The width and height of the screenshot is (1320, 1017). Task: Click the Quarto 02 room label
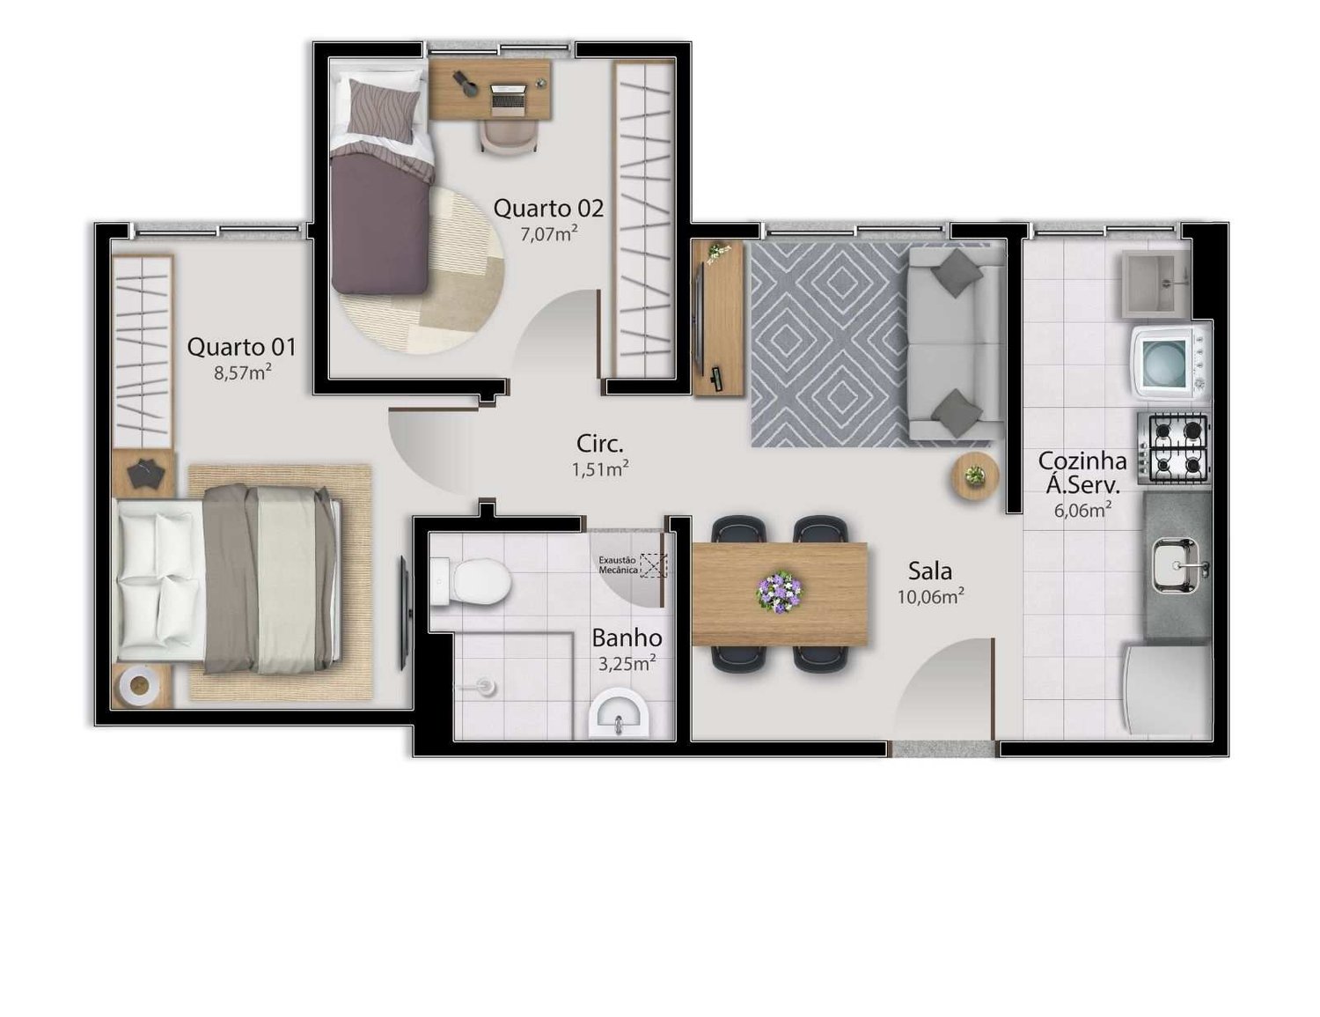coord(548,209)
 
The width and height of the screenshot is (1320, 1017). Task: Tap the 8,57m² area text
coord(242,372)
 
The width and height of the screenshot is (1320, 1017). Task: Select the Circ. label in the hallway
coord(599,444)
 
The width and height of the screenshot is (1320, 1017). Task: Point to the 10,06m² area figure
coord(931,596)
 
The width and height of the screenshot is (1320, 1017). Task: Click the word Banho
coord(627,637)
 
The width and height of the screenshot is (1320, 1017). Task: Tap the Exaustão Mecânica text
coord(618,565)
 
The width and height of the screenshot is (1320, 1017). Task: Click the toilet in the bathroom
coord(471,581)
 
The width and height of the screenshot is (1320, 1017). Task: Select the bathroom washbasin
coord(619,713)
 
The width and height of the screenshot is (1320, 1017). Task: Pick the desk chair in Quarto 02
coord(509,136)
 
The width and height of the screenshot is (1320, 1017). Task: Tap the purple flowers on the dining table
coord(780,591)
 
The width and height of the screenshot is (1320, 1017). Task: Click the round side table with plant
coord(974,476)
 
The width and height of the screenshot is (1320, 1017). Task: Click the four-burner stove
coord(1174,448)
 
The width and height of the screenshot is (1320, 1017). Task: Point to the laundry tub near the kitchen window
coord(1155,284)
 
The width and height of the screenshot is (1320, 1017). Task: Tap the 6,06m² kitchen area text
coord(1082,509)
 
